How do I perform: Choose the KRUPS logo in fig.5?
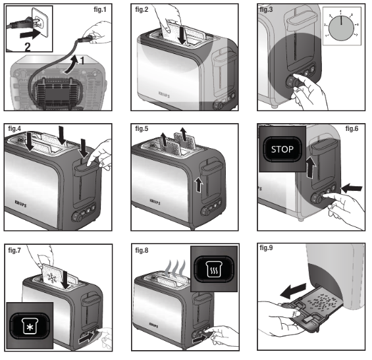(151, 196)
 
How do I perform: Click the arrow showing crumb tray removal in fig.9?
(292, 290)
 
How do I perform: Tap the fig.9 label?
(267, 250)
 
